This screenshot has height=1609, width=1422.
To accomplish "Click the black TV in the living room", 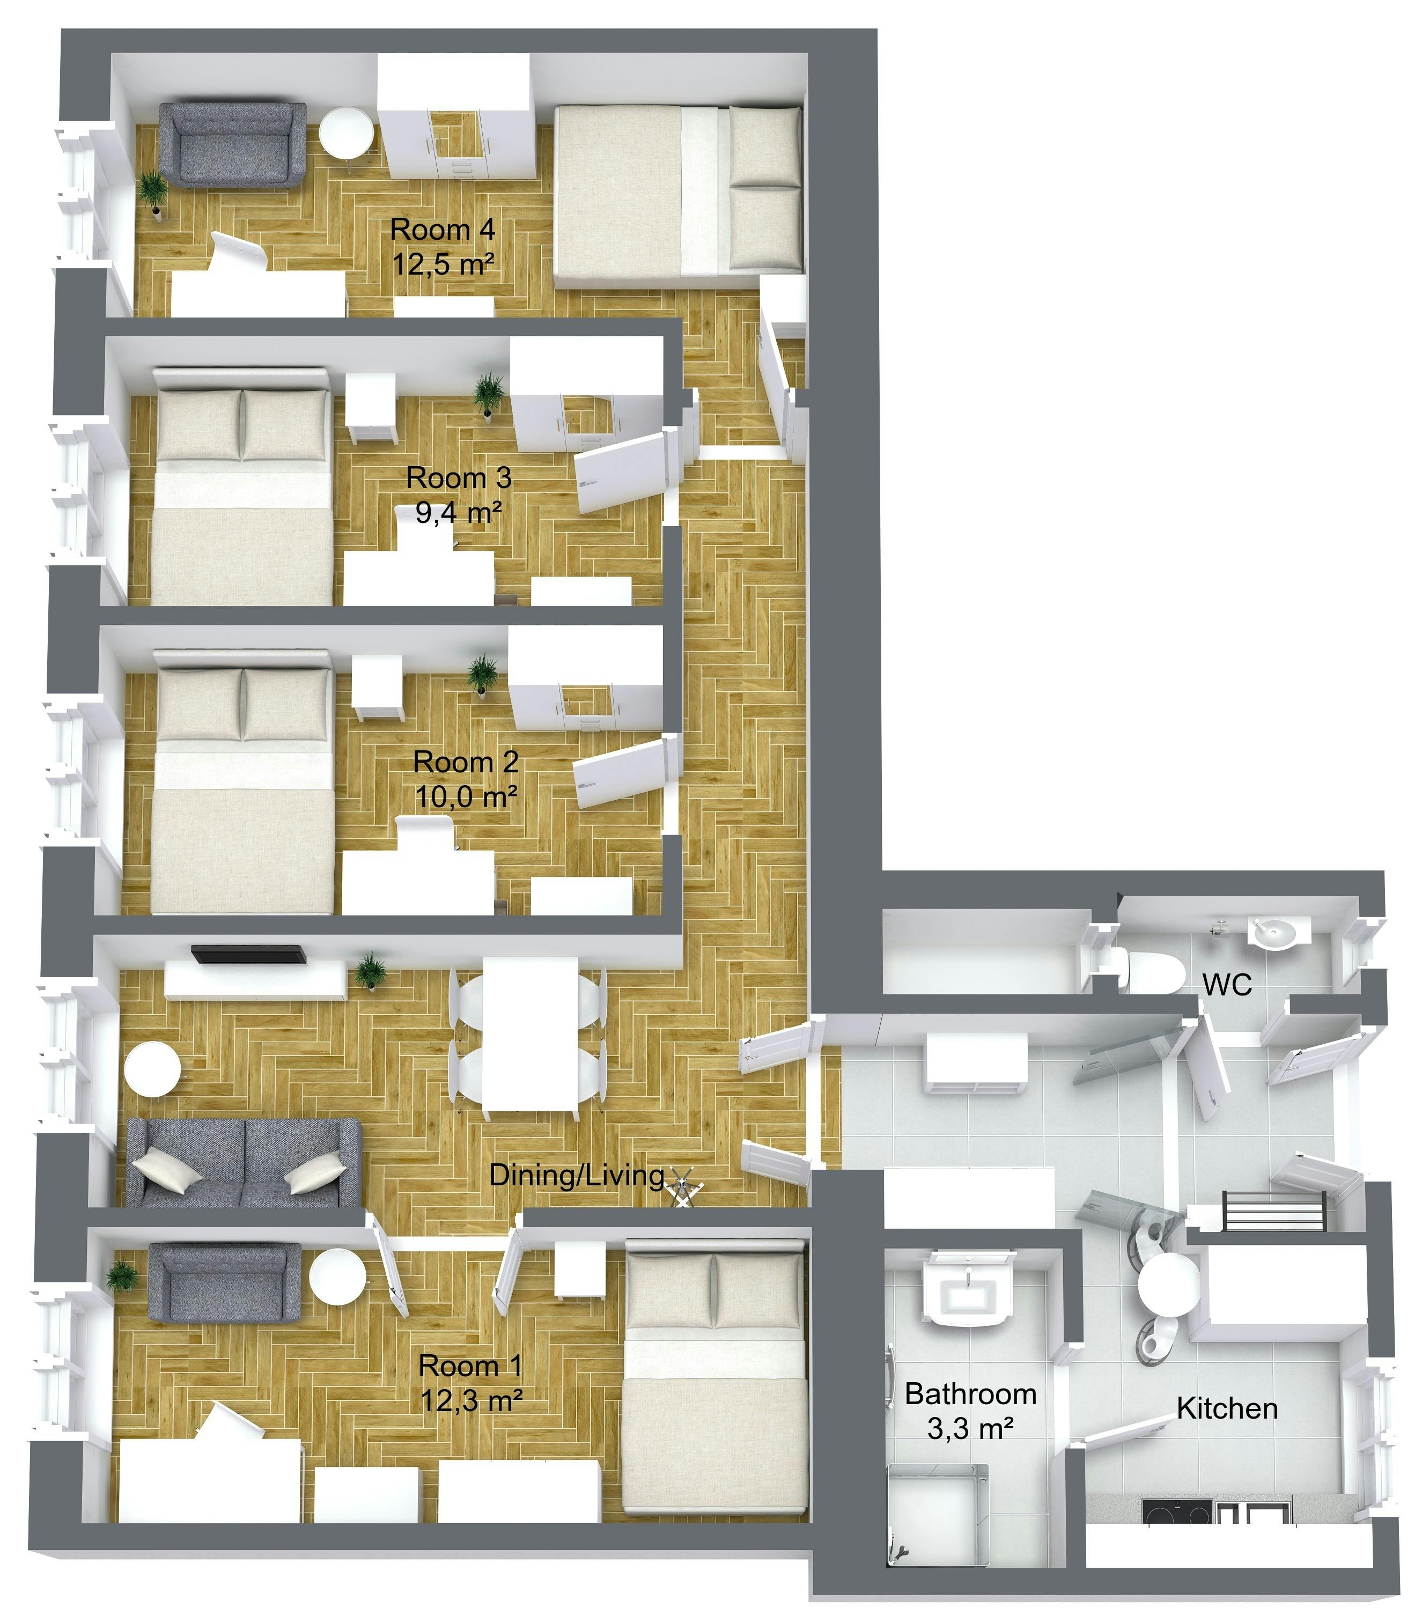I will pos(248,954).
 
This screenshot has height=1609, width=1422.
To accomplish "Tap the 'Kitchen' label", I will pos(1227,1408).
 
